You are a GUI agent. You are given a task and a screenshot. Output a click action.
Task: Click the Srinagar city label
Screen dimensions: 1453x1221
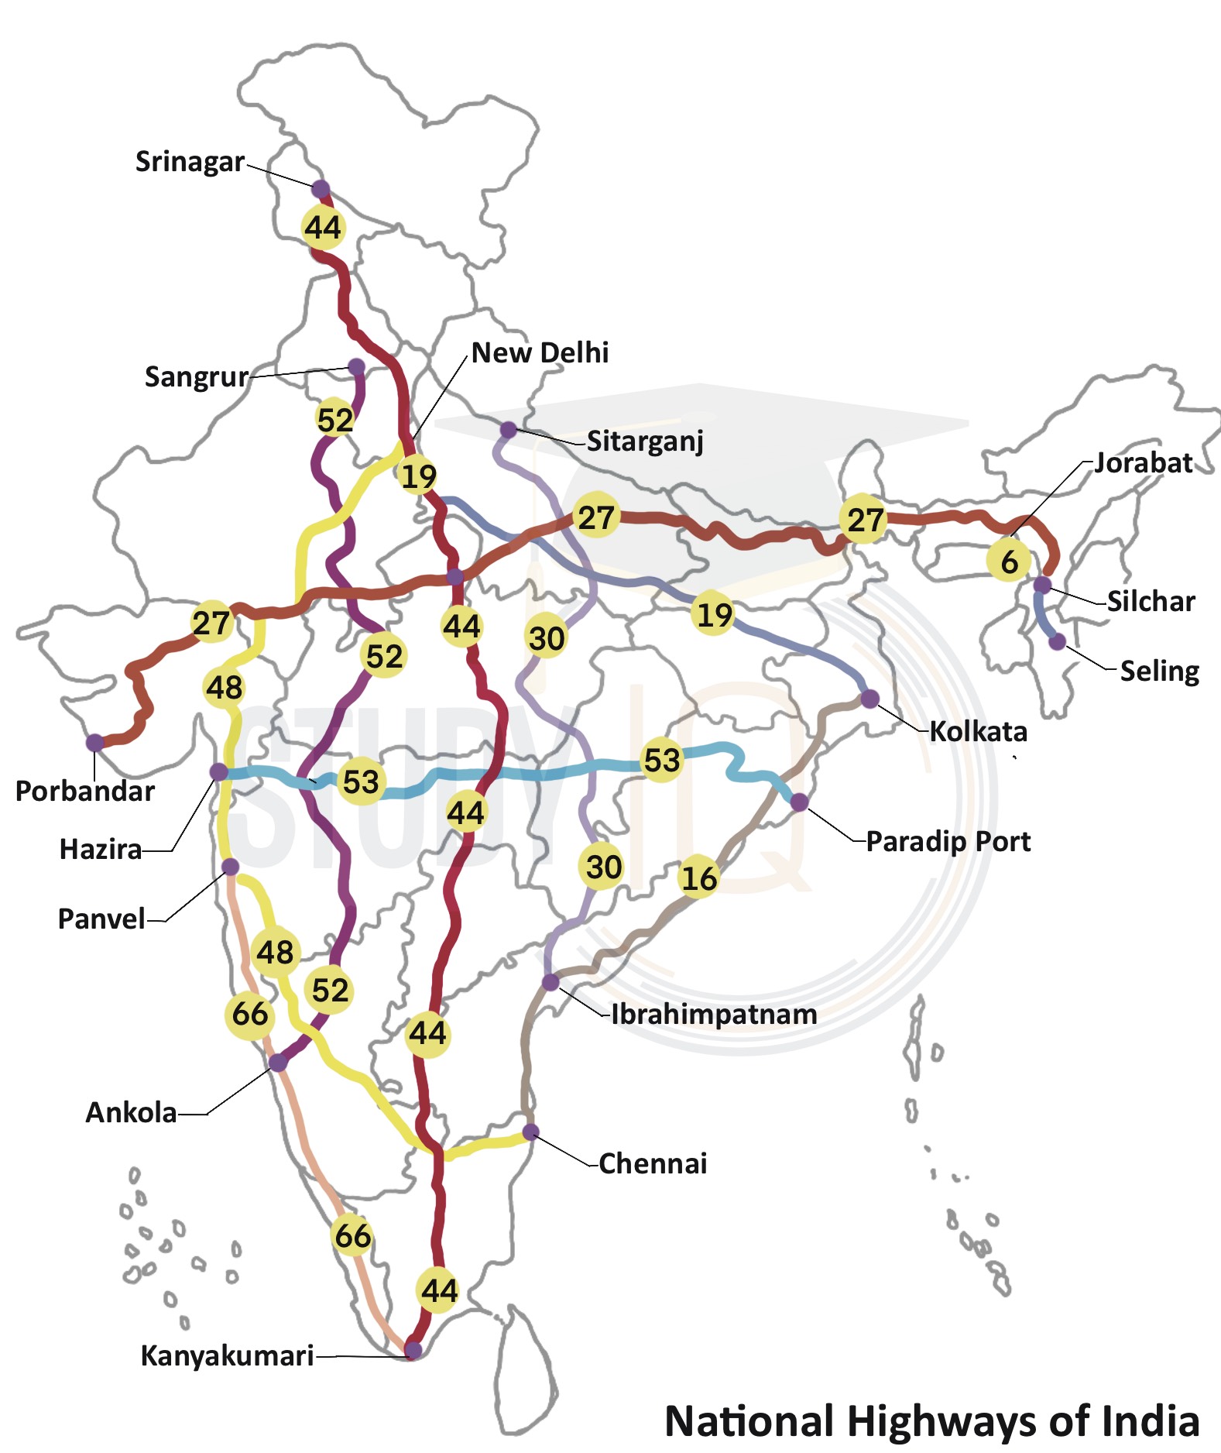click(190, 162)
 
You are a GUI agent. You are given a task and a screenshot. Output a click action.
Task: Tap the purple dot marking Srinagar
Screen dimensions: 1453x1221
click(321, 189)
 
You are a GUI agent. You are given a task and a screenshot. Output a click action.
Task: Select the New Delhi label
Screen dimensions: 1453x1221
click(540, 353)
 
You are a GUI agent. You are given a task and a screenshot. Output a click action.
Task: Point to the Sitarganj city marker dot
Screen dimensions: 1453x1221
click(508, 430)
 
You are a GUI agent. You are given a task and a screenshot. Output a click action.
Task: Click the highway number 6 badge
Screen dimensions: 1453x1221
click(1009, 562)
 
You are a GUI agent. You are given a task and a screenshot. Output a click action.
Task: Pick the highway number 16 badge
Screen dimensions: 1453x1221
click(699, 878)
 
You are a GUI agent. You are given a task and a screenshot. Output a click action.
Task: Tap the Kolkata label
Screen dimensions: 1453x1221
click(978, 731)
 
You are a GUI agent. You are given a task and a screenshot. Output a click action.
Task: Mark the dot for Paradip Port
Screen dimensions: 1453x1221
click(799, 802)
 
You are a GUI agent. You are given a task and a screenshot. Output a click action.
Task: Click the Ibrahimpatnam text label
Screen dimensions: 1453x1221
click(714, 1014)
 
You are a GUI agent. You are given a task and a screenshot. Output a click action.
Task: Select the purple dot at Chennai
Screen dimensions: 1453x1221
click(530, 1132)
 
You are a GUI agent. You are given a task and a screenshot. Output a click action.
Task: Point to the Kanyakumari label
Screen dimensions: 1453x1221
click(227, 1356)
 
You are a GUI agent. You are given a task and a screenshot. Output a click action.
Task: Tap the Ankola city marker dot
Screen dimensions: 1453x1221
click(278, 1063)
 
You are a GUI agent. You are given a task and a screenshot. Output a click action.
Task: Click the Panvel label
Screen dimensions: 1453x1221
click(101, 919)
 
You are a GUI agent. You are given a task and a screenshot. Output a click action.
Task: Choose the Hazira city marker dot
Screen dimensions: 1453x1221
click(219, 771)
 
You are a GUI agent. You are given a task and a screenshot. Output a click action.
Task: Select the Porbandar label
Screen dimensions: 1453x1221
click(85, 791)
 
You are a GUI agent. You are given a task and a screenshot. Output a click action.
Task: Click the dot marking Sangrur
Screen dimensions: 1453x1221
click(356, 366)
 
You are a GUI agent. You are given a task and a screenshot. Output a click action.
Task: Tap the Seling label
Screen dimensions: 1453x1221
click(1159, 671)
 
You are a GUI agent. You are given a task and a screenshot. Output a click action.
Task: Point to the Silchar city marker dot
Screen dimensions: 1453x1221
click(1043, 585)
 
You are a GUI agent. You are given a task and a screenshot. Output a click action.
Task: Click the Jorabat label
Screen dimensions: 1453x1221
click(1143, 463)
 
